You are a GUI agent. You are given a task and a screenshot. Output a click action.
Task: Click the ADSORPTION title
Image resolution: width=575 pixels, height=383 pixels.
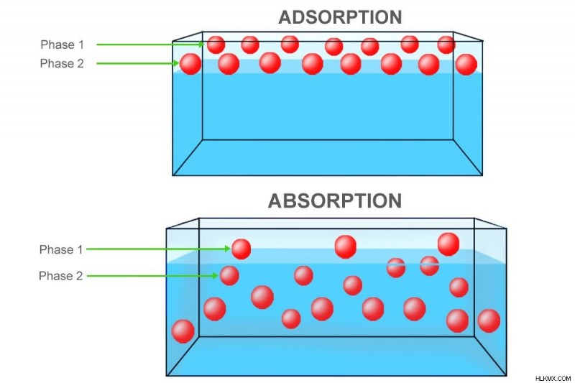coord(340,17)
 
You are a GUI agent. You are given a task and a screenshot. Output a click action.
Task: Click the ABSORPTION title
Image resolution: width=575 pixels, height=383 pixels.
coord(335,201)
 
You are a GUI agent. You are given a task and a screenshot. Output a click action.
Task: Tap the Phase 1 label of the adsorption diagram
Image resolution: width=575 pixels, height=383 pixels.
coord(62,45)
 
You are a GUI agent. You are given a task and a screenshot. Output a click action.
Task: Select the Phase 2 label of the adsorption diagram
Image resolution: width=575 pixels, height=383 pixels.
coord(62,64)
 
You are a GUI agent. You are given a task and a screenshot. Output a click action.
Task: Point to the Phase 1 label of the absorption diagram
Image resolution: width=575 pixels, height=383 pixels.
coord(61,249)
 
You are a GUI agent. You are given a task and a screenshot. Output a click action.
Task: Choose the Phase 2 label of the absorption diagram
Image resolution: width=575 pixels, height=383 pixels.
coord(60,276)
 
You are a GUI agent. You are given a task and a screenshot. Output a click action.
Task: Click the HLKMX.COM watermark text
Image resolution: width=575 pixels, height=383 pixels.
coord(553,378)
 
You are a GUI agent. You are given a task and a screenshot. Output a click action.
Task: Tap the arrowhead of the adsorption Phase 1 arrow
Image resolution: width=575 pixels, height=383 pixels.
coord(201,45)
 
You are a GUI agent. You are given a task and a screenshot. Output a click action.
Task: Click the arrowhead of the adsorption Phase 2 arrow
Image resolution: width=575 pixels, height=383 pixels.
coord(176,63)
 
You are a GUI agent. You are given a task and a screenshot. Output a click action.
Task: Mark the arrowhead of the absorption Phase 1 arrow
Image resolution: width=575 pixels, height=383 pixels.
coord(227,249)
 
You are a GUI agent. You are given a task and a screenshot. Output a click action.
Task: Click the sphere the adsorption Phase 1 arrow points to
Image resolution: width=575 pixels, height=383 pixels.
coord(216,45)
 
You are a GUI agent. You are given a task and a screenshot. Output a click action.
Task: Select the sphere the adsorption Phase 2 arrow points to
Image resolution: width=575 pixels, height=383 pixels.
coord(190,64)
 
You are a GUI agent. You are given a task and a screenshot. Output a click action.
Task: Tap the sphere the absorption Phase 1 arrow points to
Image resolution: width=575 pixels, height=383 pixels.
coord(241,249)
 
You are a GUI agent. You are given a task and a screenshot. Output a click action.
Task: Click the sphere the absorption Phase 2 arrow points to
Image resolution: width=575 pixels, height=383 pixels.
coord(229,276)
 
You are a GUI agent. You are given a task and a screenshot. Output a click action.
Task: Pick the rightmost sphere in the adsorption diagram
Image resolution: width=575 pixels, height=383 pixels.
coord(466,65)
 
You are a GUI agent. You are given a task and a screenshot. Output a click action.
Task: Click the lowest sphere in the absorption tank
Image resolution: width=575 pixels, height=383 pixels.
coord(183,331)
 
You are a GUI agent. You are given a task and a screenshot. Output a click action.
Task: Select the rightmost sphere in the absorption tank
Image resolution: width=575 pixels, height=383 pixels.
coord(489,320)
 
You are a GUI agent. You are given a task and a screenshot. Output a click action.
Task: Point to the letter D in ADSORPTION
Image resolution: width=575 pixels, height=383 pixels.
coord(299,17)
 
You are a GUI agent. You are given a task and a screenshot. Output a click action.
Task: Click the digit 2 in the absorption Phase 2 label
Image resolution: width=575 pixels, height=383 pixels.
coord(79,276)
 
